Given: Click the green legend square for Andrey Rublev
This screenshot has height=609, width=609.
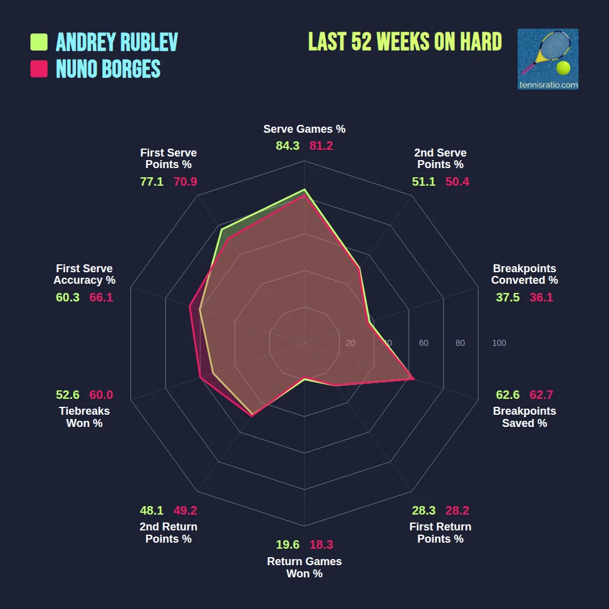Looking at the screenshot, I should pos(39,42).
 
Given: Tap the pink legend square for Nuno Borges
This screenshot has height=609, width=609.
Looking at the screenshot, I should pos(39,69).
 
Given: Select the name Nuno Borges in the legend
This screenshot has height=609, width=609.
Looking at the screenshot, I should pos(108,69).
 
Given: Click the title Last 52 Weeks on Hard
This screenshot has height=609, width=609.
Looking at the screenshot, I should pos(405,42).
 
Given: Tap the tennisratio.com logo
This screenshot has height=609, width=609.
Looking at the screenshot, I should pos(547,59).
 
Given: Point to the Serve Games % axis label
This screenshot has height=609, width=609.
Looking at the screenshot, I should pos(304,129).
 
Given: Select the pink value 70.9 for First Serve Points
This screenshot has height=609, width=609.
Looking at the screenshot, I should pos(185,181).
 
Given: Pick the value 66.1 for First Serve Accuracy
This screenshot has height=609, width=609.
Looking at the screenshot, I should pos(101,297).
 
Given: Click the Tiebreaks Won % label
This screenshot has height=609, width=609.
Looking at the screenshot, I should pos(84,417).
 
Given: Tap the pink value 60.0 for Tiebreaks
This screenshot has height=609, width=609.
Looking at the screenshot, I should pos(101,395).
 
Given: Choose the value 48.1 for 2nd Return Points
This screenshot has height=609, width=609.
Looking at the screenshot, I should pos(152,510).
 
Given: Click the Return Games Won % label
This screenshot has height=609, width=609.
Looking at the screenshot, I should pos(304,568).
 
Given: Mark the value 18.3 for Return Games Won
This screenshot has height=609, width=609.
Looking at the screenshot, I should pos(322,545).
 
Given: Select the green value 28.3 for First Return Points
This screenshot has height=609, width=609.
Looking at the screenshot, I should pos(423,510).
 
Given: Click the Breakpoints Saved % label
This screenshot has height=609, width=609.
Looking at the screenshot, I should pos(524,417).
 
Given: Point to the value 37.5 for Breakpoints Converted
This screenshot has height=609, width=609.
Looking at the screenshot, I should pos(508,297).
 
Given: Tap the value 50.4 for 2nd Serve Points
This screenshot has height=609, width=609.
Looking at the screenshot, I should pos(457,181).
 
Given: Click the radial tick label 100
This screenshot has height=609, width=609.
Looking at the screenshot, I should pos(499,343).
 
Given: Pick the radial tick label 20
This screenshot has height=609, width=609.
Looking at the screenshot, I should pos(350,343).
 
